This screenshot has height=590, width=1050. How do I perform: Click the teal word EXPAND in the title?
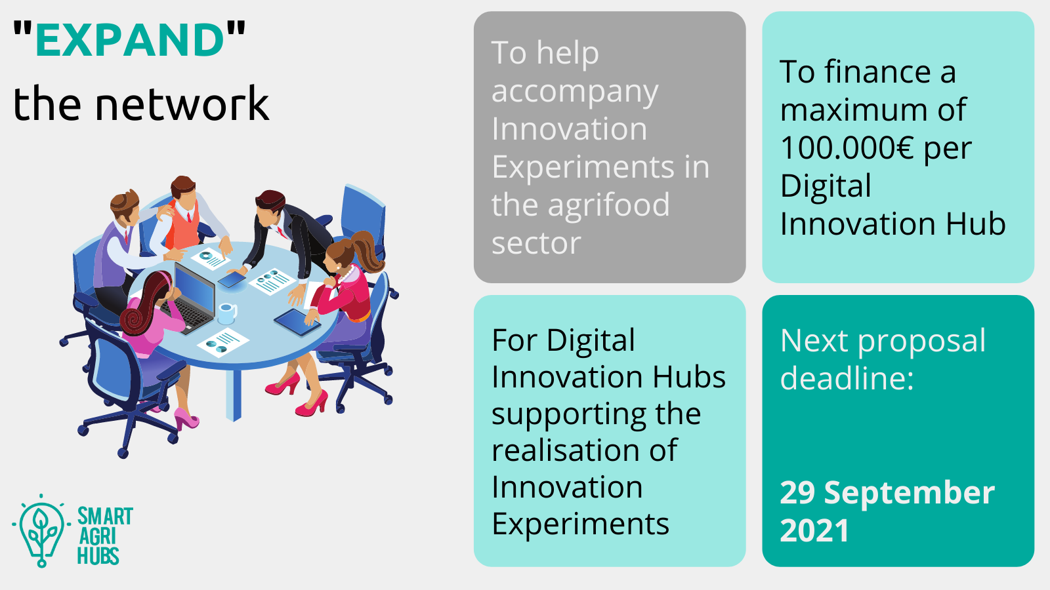(x=130, y=39)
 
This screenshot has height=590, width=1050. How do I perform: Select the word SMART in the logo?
(x=105, y=516)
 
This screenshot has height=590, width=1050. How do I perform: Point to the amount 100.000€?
(x=847, y=147)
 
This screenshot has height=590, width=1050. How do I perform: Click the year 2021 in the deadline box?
(x=814, y=530)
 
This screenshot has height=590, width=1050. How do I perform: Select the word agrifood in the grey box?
(x=608, y=206)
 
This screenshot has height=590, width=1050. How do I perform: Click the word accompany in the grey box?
(x=575, y=92)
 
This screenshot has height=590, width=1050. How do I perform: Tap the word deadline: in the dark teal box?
(x=847, y=378)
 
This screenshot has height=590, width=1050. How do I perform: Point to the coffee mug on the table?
(x=227, y=313)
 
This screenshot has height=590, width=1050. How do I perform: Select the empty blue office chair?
(x=364, y=216)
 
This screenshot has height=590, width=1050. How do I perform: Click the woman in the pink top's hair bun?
(x=133, y=319)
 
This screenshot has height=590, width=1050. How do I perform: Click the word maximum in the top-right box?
(x=853, y=109)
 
